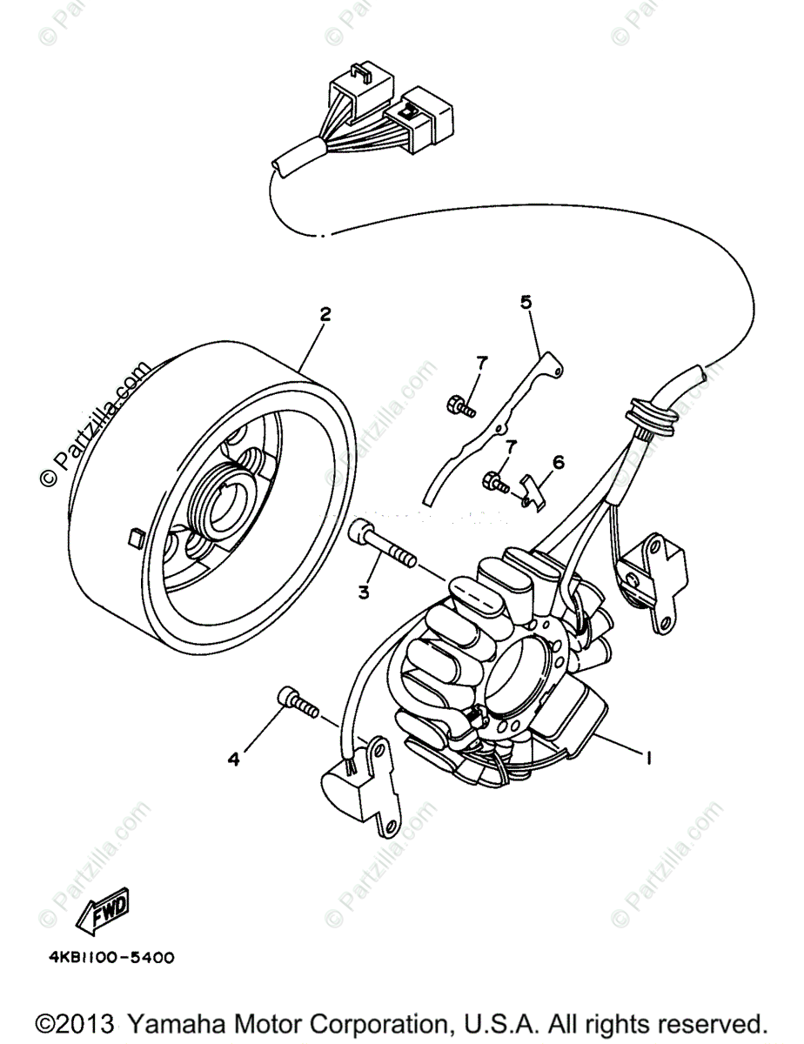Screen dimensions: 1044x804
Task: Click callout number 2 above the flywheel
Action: pos(325,314)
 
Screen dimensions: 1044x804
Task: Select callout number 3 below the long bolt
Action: pos(363,592)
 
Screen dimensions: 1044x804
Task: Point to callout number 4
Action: pos(233,760)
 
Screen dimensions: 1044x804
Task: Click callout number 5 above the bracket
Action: pos(526,302)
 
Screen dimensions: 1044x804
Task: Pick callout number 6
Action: pos(558,462)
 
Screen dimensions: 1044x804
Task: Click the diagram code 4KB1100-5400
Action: pos(111,958)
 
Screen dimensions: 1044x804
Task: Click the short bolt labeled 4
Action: pos(296,699)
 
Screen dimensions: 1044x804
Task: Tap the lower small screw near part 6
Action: pos(496,479)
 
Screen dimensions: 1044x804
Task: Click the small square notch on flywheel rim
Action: pos(133,536)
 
